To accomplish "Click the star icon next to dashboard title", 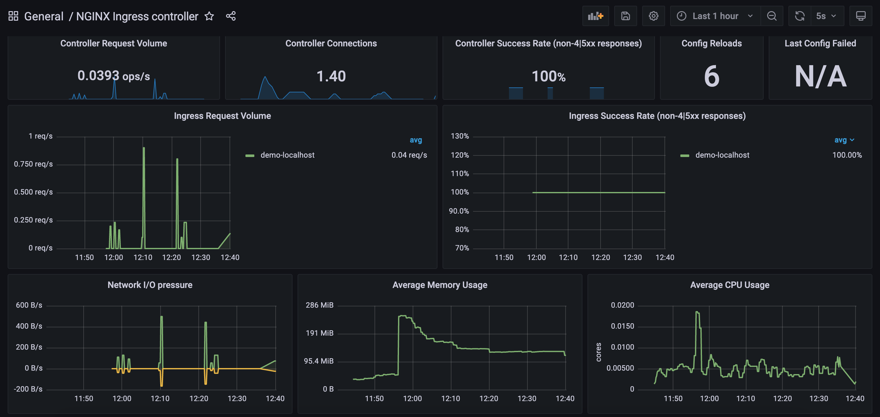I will (x=209, y=16).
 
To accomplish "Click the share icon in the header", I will (x=230, y=16).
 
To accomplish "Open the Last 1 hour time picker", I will (x=715, y=16).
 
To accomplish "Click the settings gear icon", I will (x=653, y=16).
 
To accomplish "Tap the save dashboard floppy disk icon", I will (x=625, y=16).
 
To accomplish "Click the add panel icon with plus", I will (x=595, y=16).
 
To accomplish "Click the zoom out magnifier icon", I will (x=772, y=16).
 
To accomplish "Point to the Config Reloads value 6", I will (x=712, y=76).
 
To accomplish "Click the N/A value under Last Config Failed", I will (x=820, y=76).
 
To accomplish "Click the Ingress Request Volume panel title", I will (x=223, y=116).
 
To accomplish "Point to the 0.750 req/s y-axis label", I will (x=33, y=164).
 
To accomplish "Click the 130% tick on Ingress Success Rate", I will (x=459, y=136).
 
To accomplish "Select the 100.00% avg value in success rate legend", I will (x=847, y=155).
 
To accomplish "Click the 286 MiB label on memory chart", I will (x=319, y=305).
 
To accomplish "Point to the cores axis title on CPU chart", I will (x=598, y=352).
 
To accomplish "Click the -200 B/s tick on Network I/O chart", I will (x=28, y=389).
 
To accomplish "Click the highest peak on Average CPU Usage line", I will (x=697, y=312).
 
